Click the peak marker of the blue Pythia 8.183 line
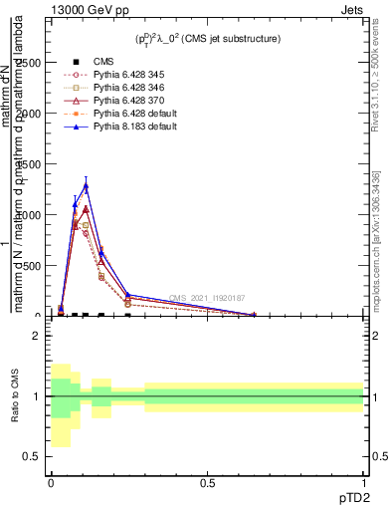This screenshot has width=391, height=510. click(86, 186)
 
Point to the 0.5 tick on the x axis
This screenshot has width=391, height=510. click(207, 483)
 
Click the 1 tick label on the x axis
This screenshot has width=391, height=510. click(364, 483)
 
